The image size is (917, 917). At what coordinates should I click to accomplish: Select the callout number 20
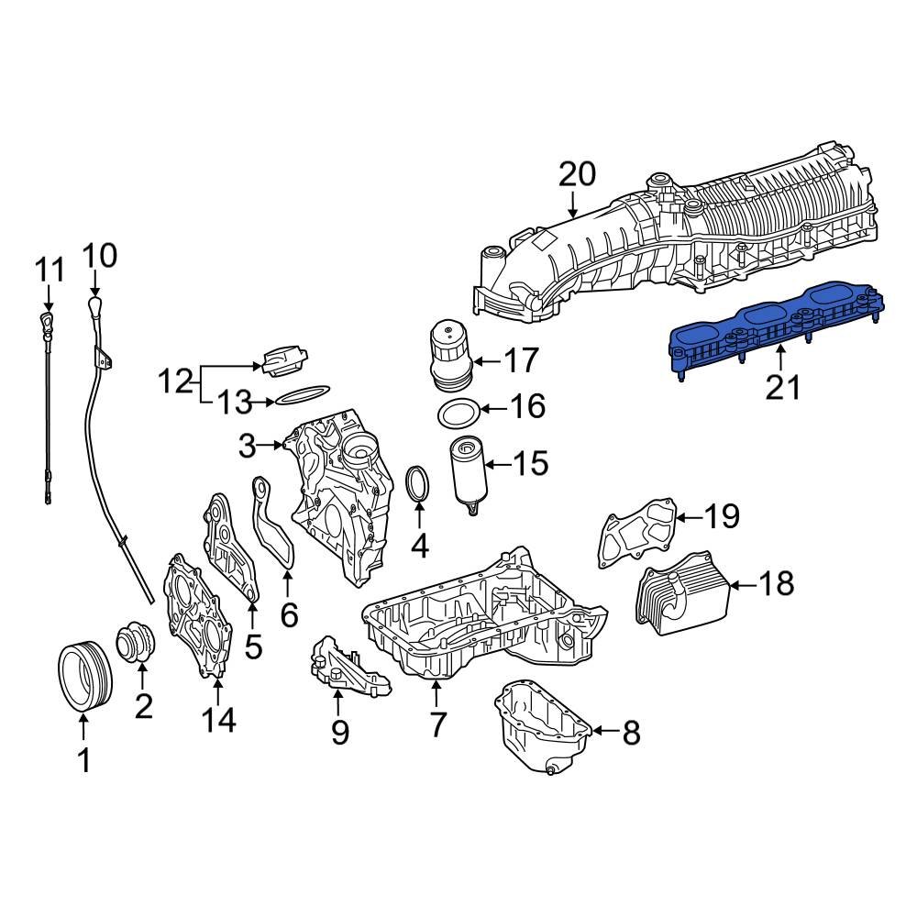tap(577, 174)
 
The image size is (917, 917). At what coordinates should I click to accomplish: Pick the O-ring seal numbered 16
tap(457, 414)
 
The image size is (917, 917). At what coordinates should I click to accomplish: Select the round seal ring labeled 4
tap(419, 484)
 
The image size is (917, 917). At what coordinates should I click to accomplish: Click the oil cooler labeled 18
tap(680, 592)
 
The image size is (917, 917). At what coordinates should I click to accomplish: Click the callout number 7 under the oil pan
tap(437, 725)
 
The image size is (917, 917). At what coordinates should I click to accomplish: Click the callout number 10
tap(101, 256)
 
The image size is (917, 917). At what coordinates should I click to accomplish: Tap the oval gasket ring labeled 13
tap(302, 395)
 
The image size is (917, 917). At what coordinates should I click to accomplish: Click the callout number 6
tap(288, 614)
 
